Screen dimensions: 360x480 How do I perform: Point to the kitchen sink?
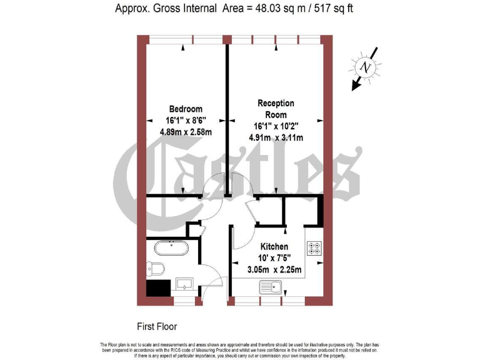[272, 288]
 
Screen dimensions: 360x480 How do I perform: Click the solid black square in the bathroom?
[157, 287]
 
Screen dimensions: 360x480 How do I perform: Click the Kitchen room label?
[274, 247]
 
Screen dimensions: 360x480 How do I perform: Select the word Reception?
[276, 103]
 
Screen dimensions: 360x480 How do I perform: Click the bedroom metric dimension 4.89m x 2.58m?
[186, 131]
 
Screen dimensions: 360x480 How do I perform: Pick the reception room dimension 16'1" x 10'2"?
[275, 126]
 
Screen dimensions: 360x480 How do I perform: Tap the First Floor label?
[157, 326]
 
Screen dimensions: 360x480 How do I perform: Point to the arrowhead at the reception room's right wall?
[321, 119]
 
